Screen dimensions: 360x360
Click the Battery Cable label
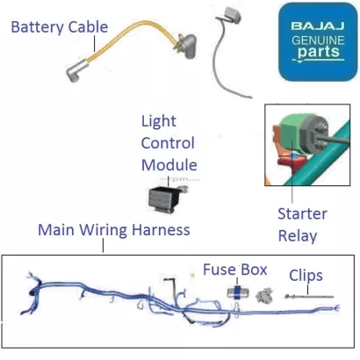[60, 27]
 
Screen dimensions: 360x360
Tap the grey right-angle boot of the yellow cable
[188, 46]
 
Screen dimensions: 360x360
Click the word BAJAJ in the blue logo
[318, 26]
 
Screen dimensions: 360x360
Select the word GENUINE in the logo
[318, 40]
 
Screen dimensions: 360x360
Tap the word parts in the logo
[319, 52]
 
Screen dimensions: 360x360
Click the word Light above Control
[159, 121]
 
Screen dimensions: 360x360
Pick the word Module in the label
[169, 165]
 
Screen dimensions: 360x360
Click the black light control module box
[164, 199]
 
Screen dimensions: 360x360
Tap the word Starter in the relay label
[302, 213]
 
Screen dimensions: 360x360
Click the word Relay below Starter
[298, 236]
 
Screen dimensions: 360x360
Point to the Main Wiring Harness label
[114, 230]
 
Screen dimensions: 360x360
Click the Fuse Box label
[235, 270]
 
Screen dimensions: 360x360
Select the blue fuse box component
[238, 292]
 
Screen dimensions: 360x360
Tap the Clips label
[306, 276]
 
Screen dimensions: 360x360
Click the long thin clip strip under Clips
[309, 297]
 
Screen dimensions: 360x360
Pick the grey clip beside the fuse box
[264, 295]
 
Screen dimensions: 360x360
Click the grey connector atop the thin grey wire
[233, 15]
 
